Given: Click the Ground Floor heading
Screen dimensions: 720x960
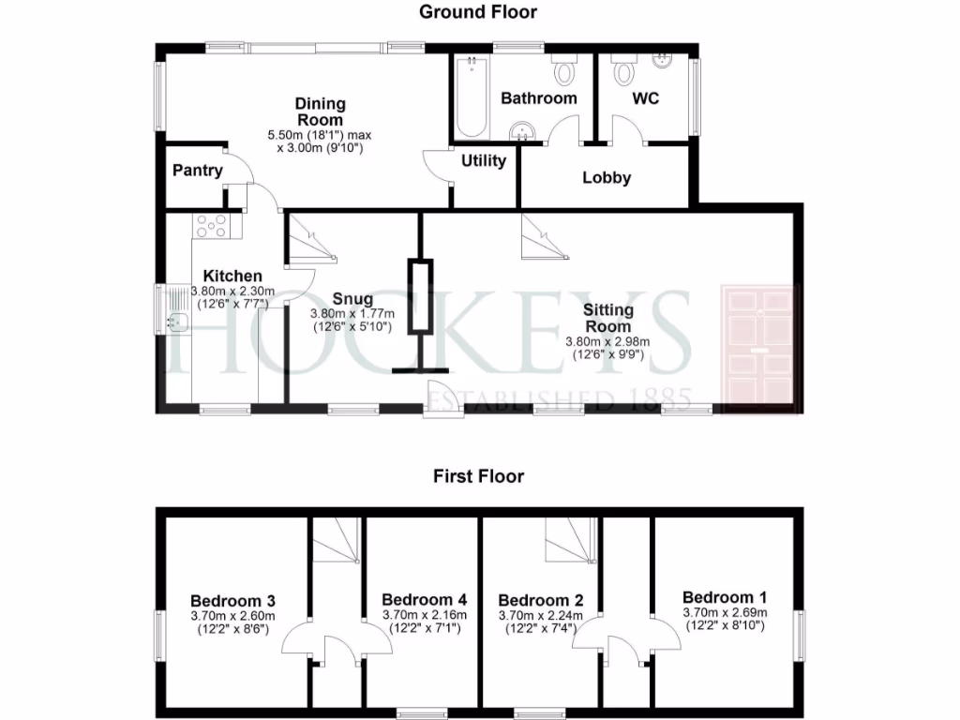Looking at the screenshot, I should (478, 12).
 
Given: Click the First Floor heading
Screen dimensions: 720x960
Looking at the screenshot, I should (478, 476).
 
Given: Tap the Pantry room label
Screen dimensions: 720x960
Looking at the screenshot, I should (198, 171).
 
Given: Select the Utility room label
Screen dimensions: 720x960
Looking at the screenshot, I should (484, 160).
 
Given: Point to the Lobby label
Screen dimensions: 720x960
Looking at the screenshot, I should (607, 178).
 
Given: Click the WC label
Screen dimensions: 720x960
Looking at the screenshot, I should (645, 98).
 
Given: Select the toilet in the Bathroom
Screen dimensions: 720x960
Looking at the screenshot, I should (565, 70).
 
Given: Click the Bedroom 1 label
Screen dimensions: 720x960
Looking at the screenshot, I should (725, 597).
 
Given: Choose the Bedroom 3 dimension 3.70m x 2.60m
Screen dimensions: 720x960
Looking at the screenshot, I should (232, 616).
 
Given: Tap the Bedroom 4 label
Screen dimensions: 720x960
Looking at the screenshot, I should (424, 600).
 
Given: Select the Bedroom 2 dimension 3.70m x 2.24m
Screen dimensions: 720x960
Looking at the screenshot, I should (541, 616).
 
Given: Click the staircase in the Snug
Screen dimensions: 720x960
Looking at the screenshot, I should (309, 239).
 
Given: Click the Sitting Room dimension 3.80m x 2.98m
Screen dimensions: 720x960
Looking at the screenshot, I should (607, 342).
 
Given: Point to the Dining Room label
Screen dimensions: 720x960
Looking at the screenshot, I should (320, 112).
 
